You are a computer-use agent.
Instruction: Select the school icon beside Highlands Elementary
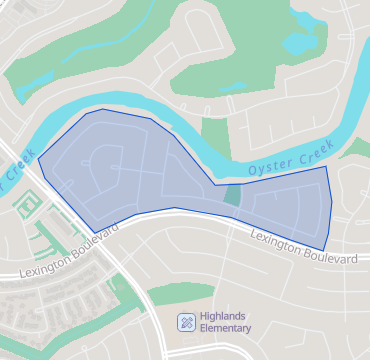click(186, 322)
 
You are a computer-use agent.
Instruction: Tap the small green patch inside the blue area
click(232, 195)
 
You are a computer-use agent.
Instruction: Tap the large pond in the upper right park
click(303, 41)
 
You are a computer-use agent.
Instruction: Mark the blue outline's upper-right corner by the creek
click(327, 167)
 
